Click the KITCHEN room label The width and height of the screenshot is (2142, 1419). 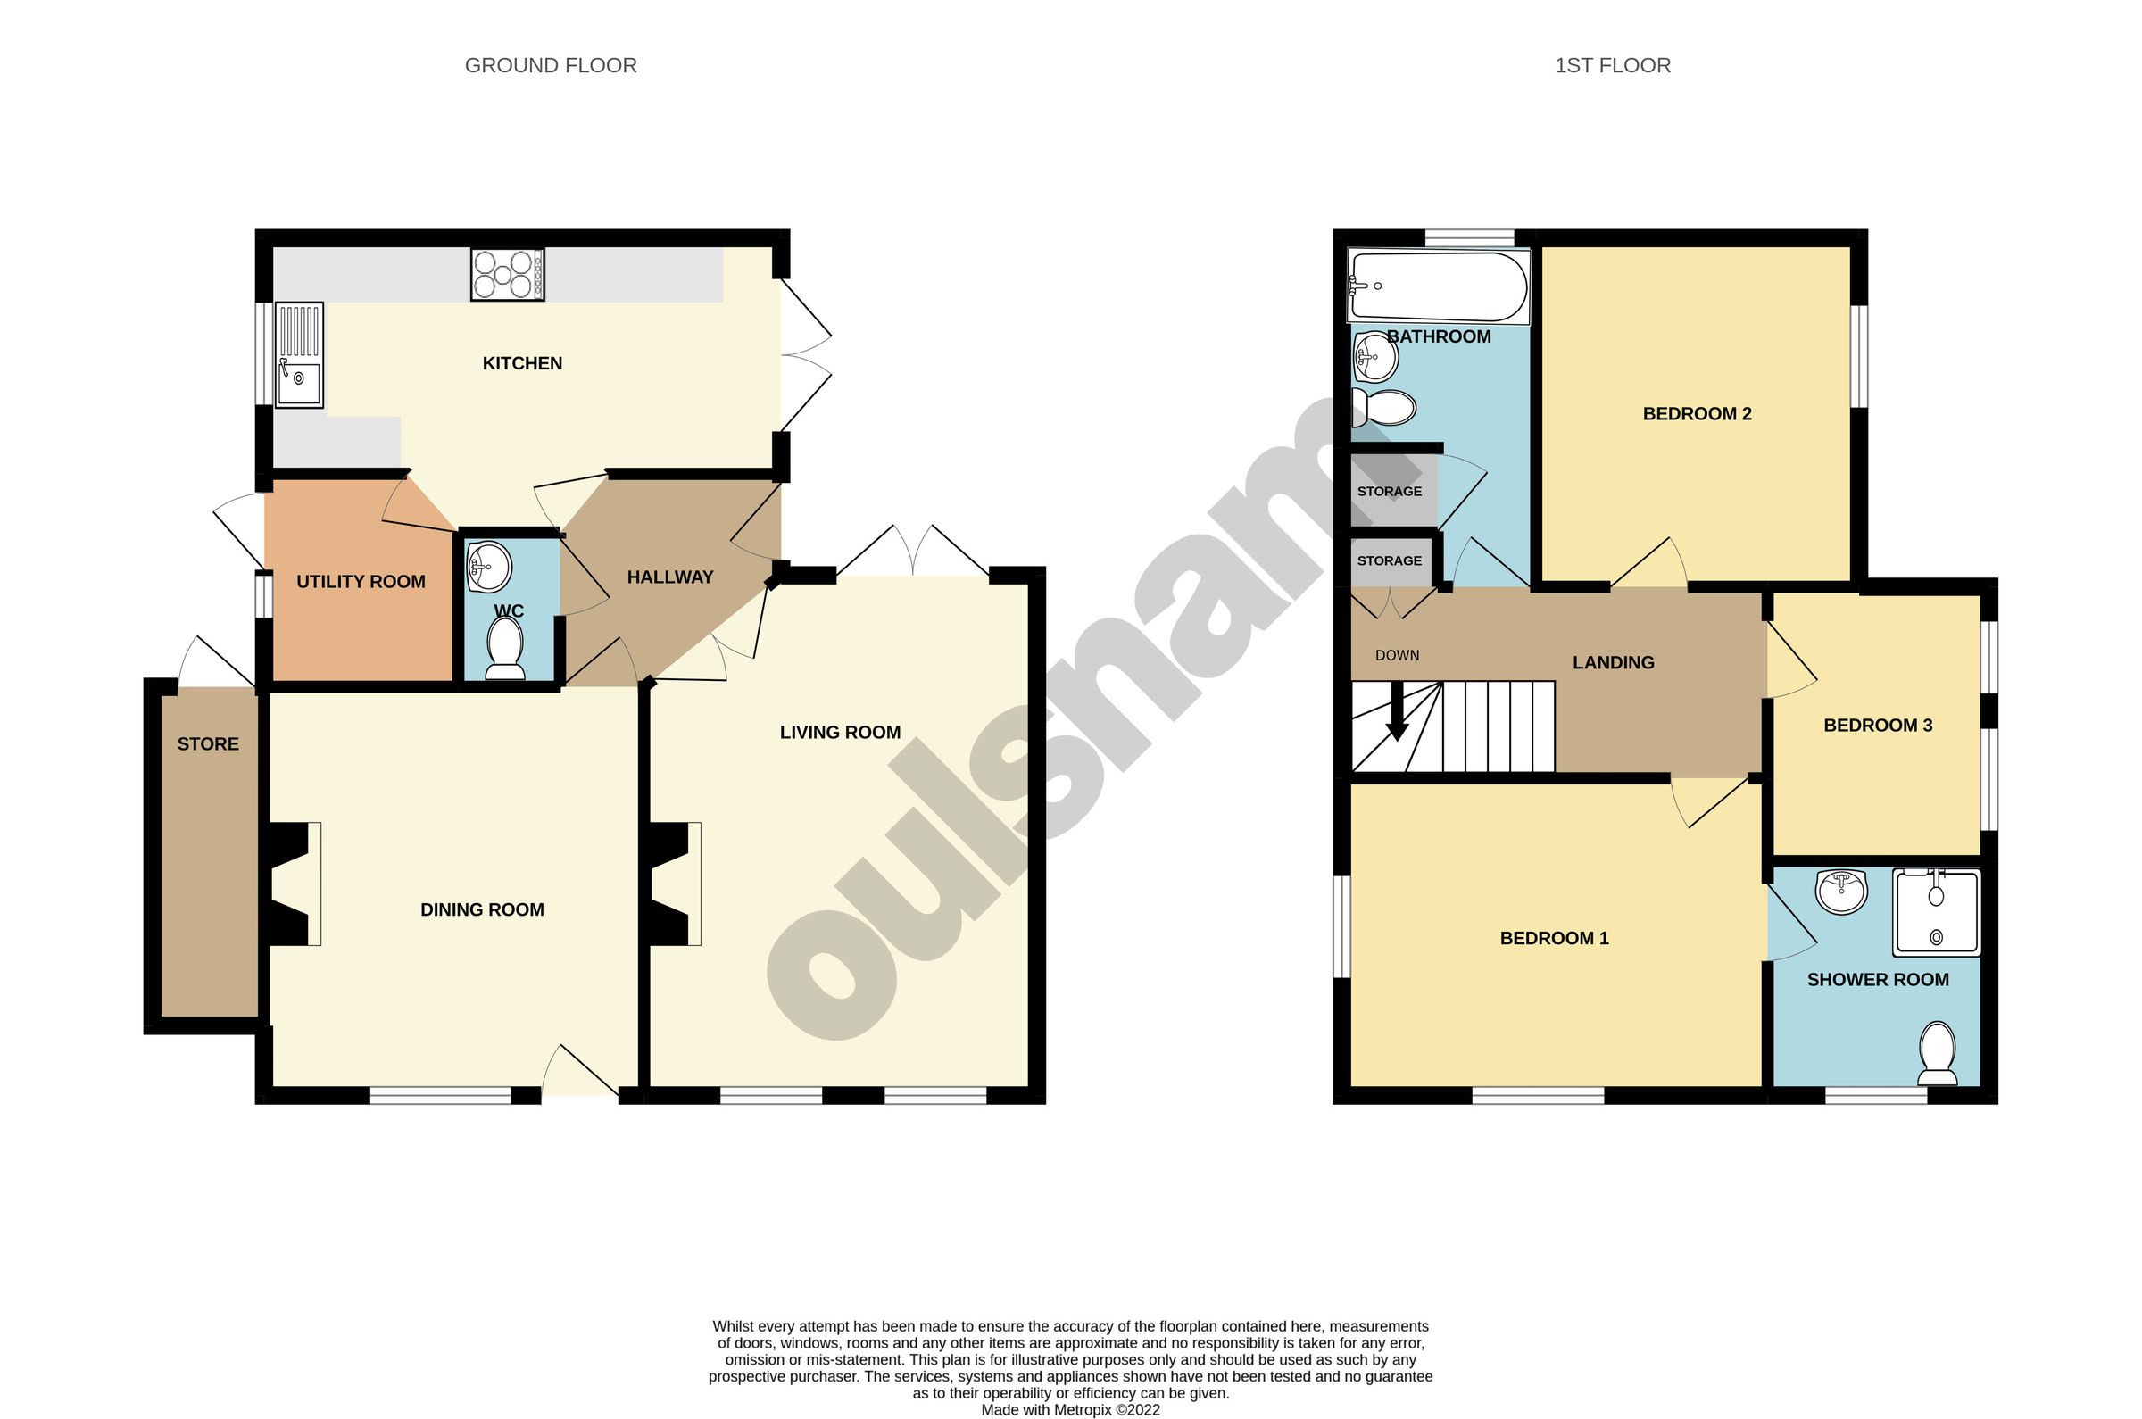522,364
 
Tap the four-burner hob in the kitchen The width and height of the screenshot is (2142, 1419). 507,274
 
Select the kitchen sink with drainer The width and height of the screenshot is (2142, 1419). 299,355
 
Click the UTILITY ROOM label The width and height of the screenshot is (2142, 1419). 361,582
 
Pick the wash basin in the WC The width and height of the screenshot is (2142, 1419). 489,566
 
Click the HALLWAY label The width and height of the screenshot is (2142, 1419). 669,577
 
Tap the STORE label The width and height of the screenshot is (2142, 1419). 208,744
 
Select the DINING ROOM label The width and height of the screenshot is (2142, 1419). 482,909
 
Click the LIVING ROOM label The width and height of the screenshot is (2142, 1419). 840,732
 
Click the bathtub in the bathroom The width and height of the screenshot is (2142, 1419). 1437,286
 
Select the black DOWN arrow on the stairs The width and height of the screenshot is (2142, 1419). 1398,712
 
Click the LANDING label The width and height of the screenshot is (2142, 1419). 1614,662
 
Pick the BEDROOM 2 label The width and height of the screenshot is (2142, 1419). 1697,413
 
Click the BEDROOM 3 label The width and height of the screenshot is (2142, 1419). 1878,725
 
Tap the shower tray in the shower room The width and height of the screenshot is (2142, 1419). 1937,912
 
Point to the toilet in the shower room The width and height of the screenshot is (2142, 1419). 1937,1054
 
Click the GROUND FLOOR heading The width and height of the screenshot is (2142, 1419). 550,65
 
